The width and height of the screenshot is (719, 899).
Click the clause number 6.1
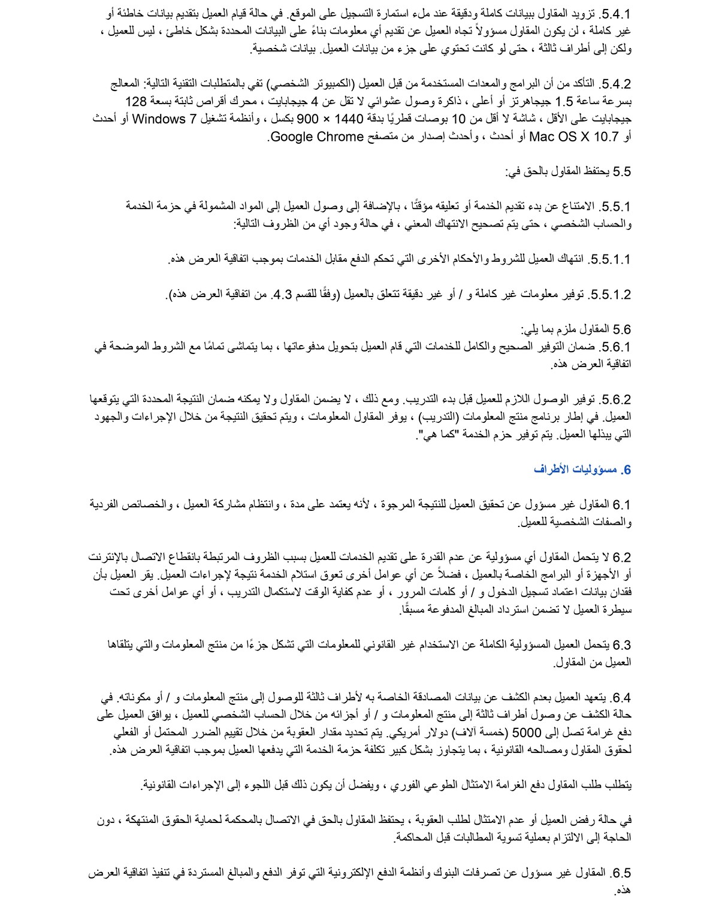coord(622,505)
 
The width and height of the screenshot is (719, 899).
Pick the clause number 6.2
coord(622,558)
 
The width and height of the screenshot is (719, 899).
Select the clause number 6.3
coord(622,645)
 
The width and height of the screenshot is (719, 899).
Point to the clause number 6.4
coord(621,698)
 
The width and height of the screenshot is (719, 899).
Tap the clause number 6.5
coord(621,873)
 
